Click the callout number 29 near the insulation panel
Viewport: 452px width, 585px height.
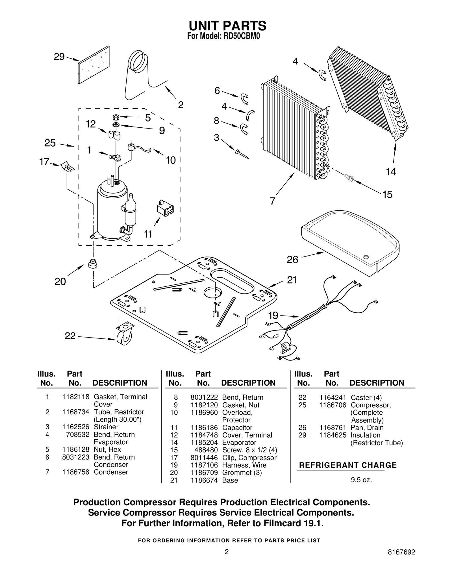pos(59,57)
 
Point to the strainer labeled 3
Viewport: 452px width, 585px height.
pos(241,153)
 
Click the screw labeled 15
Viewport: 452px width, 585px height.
pos(349,178)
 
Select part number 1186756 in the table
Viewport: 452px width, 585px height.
pos(75,472)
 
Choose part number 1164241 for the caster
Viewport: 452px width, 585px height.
pos(333,397)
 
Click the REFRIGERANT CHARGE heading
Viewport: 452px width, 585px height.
pos(348,465)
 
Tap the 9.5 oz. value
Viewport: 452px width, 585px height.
pos(361,480)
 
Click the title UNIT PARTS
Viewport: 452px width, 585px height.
pos(227,26)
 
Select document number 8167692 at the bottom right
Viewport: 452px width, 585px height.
pos(401,560)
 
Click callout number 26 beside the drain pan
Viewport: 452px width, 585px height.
pos(292,260)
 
